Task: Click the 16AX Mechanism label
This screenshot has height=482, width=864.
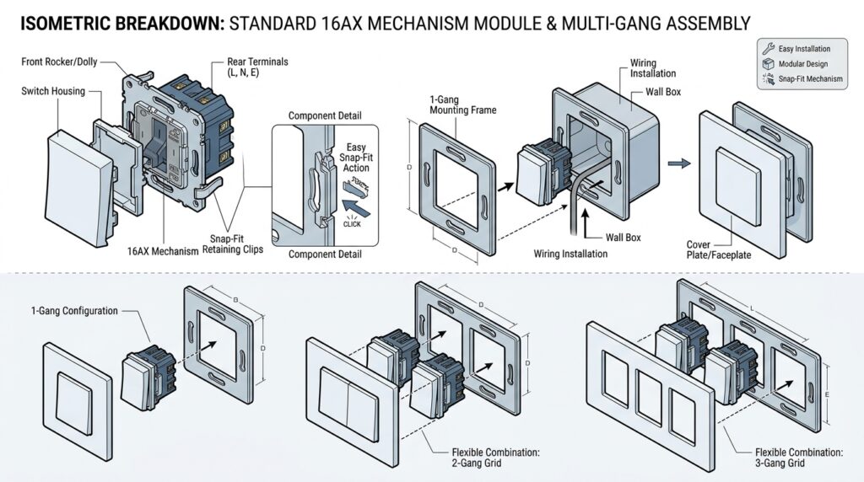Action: [164, 251]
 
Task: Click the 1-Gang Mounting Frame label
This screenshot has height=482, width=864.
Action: [462, 104]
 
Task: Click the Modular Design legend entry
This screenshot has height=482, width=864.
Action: [802, 64]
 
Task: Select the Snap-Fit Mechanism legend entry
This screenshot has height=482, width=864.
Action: [808, 79]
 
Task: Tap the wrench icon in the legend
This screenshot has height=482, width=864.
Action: [768, 49]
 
